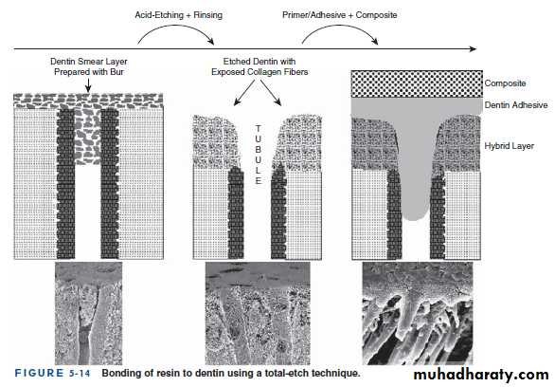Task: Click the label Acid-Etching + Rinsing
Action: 178,15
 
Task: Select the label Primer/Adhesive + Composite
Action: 339,15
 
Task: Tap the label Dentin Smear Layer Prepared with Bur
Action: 88,66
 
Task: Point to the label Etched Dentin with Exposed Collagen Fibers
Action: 260,66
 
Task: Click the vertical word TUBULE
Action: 259,155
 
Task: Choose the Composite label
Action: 505,83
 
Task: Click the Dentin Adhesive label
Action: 516,105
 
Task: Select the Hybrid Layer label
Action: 509,146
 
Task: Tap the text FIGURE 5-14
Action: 52,373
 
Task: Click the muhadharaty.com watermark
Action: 481,375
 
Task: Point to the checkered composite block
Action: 417,84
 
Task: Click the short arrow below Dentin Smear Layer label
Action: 88,85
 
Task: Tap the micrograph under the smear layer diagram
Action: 88,314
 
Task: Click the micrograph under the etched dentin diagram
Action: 258,314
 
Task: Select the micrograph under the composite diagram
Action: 418,314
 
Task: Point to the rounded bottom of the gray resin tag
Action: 412,217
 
